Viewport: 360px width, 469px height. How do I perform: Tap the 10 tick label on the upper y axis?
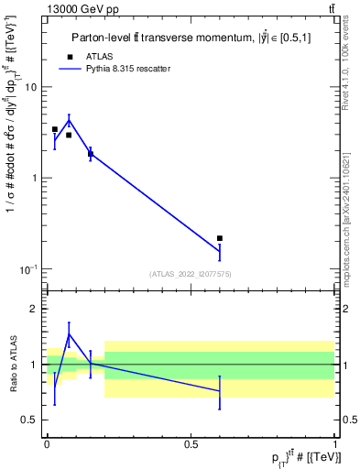[x=30, y=87]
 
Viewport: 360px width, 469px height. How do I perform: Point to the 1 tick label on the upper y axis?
[x=33, y=178]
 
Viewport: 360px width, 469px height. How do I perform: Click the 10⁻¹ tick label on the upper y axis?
[x=28, y=268]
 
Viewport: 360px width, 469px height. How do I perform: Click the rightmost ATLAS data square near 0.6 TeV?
[x=220, y=238]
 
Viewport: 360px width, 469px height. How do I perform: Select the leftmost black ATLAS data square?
[x=55, y=129]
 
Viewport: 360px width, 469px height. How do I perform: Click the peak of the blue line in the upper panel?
[x=69, y=119]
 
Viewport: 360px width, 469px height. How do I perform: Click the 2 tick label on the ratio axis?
[x=33, y=310]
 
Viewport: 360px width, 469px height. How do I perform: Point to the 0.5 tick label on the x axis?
[x=191, y=443]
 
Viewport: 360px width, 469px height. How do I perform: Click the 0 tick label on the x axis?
[x=47, y=443]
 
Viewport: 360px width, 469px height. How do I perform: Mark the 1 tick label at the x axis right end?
[x=336, y=443]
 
